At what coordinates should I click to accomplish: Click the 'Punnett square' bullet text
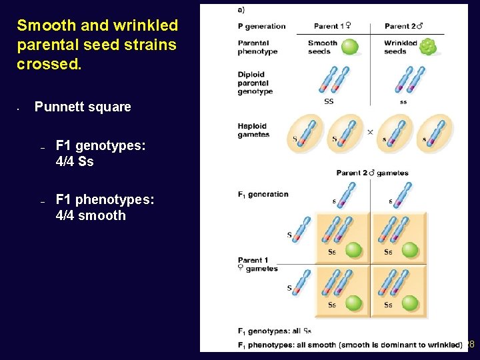click(x=83, y=107)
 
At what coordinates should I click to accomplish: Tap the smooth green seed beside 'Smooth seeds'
click(x=349, y=47)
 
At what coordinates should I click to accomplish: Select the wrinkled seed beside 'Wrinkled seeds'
click(x=428, y=47)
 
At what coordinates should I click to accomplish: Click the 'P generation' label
click(x=261, y=27)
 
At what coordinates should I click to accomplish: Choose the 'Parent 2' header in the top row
click(x=404, y=26)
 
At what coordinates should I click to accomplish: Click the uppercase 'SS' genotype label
click(x=329, y=101)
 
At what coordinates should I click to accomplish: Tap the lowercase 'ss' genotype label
click(x=403, y=102)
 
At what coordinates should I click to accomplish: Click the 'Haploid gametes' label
click(x=253, y=130)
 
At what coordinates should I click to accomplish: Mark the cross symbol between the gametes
click(x=370, y=132)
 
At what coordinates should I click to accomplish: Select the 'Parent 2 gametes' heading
click(x=372, y=173)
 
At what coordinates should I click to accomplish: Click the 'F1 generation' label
click(x=263, y=195)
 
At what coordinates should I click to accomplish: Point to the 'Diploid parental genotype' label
click(x=255, y=83)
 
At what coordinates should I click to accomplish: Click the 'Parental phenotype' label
click(x=257, y=47)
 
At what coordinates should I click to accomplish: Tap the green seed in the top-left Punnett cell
click(x=353, y=250)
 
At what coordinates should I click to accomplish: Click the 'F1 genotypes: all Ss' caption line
click(x=275, y=331)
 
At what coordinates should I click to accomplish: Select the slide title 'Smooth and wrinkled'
click(x=97, y=25)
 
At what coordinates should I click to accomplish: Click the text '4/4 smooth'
click(x=91, y=215)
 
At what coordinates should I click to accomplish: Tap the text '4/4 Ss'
click(x=75, y=161)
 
